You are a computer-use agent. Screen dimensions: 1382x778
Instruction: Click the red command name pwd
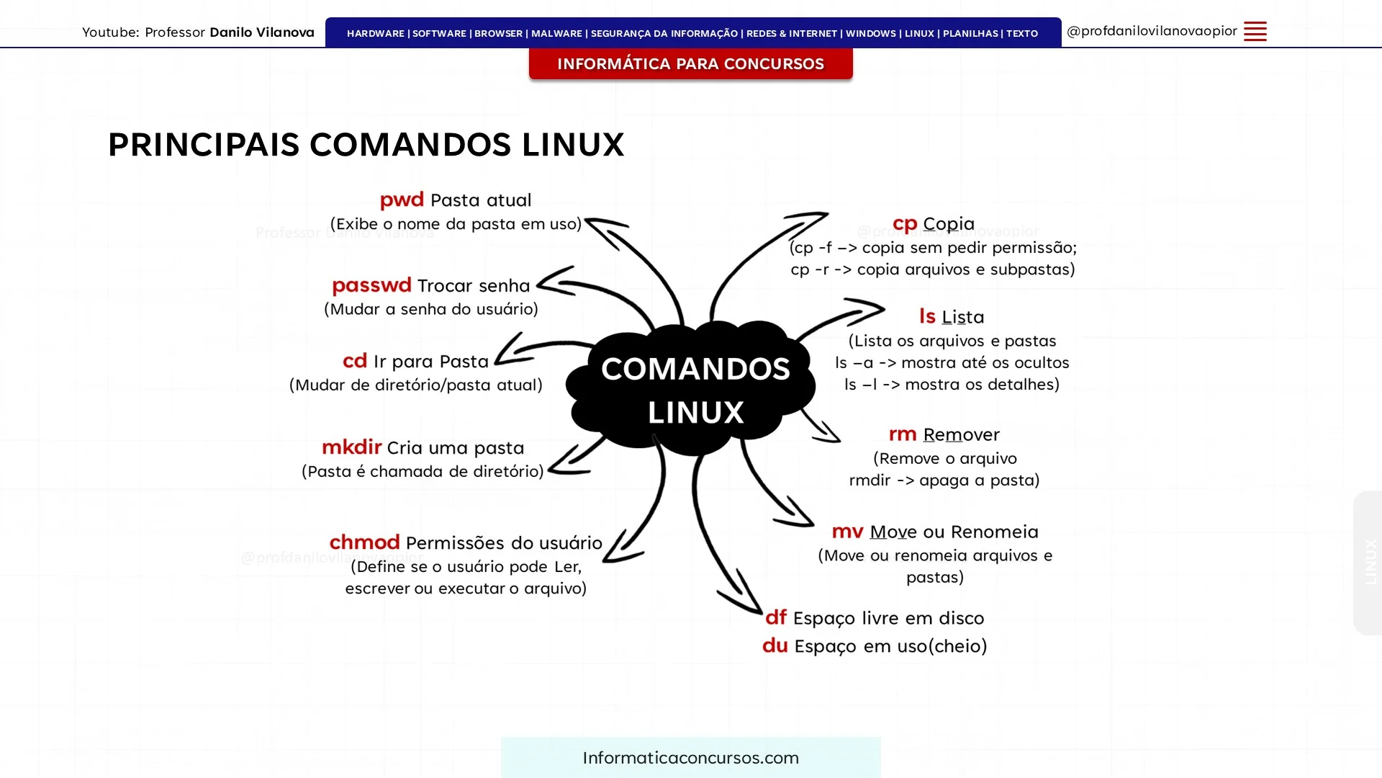click(402, 200)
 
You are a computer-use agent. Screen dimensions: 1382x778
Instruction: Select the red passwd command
click(371, 286)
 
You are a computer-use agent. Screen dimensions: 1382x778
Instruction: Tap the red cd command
click(355, 360)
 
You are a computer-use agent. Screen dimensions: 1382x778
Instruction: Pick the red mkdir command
click(351, 447)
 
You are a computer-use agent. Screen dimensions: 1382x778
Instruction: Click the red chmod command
click(364, 542)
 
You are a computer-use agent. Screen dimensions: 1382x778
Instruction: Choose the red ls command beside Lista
click(927, 316)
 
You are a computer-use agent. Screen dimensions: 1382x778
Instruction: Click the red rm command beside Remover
click(903, 434)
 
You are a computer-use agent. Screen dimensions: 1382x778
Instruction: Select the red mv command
click(847, 532)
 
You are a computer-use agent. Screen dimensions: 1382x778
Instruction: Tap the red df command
click(776, 617)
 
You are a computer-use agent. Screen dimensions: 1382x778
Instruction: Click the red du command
click(775, 645)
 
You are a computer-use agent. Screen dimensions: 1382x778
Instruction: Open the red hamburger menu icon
click(1255, 32)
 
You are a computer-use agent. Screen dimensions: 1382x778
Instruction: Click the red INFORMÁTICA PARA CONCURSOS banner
click(691, 63)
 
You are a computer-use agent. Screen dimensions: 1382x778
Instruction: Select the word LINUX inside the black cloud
click(695, 413)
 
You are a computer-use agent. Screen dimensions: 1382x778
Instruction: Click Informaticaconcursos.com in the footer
click(691, 758)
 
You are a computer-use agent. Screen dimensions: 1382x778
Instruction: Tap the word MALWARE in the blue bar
click(556, 34)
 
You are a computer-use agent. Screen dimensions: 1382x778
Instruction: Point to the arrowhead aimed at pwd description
click(605, 229)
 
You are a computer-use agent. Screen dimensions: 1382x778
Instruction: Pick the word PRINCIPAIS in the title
click(204, 145)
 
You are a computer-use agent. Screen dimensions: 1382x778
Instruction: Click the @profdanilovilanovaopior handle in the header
click(1152, 31)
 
